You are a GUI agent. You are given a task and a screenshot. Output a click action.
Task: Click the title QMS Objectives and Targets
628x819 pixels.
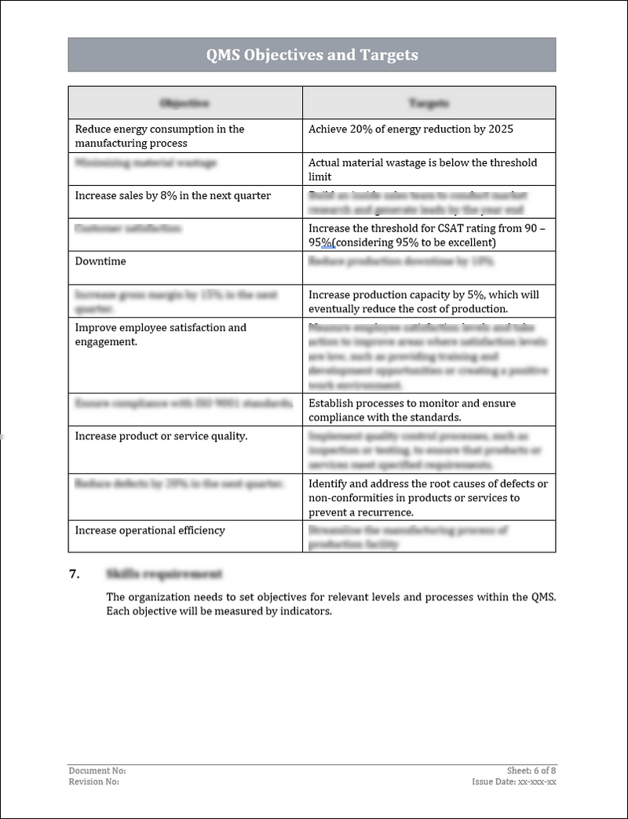312,55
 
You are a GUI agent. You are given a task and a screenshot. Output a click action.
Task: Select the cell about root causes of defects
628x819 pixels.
428,497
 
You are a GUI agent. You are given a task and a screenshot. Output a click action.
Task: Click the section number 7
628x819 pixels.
75,574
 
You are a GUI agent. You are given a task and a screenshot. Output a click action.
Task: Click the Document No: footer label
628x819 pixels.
97,771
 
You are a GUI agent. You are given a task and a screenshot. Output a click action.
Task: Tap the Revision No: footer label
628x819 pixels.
94,781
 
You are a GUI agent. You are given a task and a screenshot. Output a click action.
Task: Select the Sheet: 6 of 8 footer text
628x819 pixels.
531,771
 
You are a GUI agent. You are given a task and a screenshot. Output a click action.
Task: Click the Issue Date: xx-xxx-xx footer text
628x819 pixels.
514,781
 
